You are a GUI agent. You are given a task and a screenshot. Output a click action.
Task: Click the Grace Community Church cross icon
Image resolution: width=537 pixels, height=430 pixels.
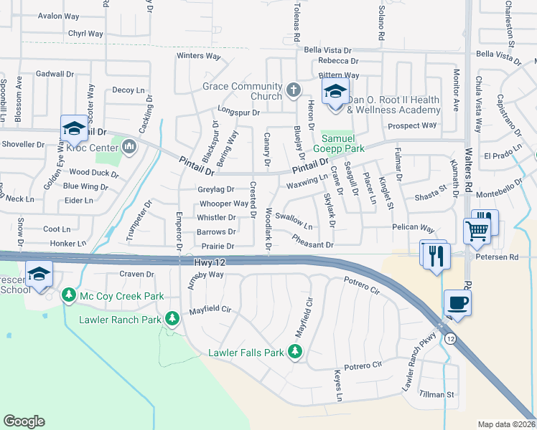tap(293, 90)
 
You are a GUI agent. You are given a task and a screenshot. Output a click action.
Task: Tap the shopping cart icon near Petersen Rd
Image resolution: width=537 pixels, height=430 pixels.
tap(476, 231)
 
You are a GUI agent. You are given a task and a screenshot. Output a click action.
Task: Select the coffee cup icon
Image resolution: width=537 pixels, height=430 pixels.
tap(457, 302)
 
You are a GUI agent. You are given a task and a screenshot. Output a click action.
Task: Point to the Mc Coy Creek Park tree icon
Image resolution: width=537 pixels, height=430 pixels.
tap(69, 295)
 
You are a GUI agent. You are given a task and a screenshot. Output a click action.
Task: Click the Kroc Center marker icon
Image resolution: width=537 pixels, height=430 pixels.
tap(129, 148)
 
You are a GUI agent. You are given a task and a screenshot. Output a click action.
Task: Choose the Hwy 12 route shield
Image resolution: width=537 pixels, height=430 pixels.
tap(449, 338)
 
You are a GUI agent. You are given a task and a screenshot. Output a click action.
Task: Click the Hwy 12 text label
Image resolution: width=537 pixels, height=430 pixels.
tap(210, 263)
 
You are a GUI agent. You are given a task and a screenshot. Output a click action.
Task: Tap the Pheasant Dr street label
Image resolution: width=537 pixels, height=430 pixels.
tap(313, 244)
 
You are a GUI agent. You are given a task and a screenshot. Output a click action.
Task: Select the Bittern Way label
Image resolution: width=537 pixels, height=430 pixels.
tap(339, 75)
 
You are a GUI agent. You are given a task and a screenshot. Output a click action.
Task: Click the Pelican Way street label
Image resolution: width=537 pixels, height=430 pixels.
tap(414, 228)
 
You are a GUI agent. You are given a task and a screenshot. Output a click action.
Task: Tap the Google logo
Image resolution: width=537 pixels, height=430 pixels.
tap(24, 421)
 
